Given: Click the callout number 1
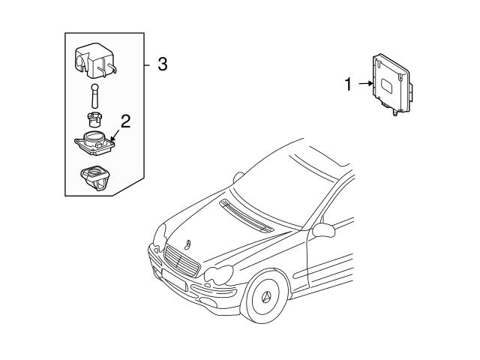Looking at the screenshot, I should [x=348, y=85].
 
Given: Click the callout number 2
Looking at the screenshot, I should [x=126, y=121].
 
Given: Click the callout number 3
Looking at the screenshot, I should [x=162, y=64].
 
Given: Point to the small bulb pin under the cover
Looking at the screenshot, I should [x=94, y=97].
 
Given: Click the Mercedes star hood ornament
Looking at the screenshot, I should [x=187, y=243].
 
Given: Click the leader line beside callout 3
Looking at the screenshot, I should [x=148, y=64].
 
